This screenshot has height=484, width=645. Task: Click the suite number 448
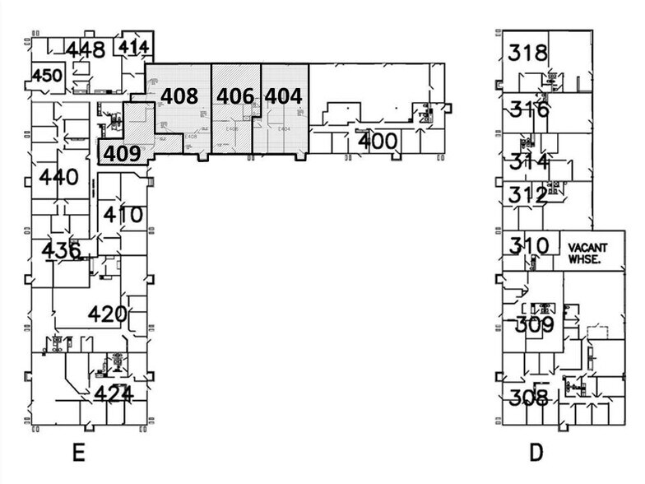tap(86, 49)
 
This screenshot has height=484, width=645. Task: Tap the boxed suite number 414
tap(132, 46)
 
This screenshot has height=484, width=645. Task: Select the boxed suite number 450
tap(47, 76)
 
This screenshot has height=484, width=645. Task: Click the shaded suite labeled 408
tap(179, 95)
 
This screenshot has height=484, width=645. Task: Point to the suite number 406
tap(235, 95)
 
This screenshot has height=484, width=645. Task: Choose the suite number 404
tap(283, 95)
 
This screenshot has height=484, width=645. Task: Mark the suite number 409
tap(122, 151)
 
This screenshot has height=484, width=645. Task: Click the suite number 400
tap(378, 141)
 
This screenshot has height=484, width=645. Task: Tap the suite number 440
tap(58, 177)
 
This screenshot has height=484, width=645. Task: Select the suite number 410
tap(123, 216)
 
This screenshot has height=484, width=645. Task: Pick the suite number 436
tap(61, 249)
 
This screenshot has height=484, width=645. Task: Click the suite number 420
tap(108, 314)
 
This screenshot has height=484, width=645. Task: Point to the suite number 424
tap(113, 393)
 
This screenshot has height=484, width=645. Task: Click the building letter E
tap(79, 453)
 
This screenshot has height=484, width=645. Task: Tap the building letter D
tap(536, 453)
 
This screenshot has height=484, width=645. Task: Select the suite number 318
tap(527, 54)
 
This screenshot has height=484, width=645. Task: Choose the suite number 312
tap(527, 195)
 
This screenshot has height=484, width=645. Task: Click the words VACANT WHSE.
tap(587, 253)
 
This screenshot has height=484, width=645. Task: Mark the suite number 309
tap(535, 324)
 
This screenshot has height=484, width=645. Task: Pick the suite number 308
tap(528, 398)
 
